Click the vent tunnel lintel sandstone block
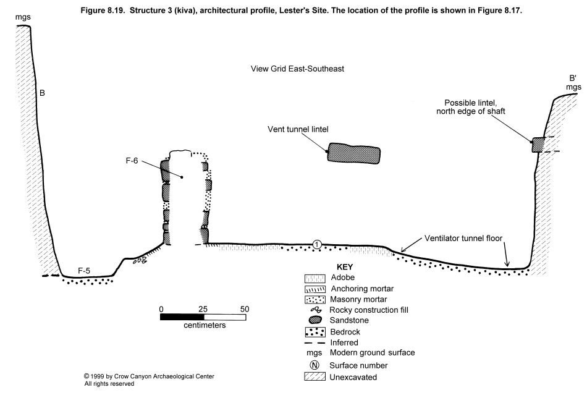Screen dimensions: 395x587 point(353,154)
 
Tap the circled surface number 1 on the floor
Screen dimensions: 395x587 point(317,245)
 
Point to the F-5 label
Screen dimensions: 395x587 point(85,270)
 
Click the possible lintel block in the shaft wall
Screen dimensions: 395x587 point(538,145)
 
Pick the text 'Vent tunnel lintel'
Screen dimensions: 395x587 point(297,129)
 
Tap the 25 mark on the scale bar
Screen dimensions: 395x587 point(203,308)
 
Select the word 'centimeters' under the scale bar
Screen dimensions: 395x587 point(204,325)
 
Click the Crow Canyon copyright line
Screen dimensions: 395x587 point(150,376)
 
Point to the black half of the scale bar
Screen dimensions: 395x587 point(182,317)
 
